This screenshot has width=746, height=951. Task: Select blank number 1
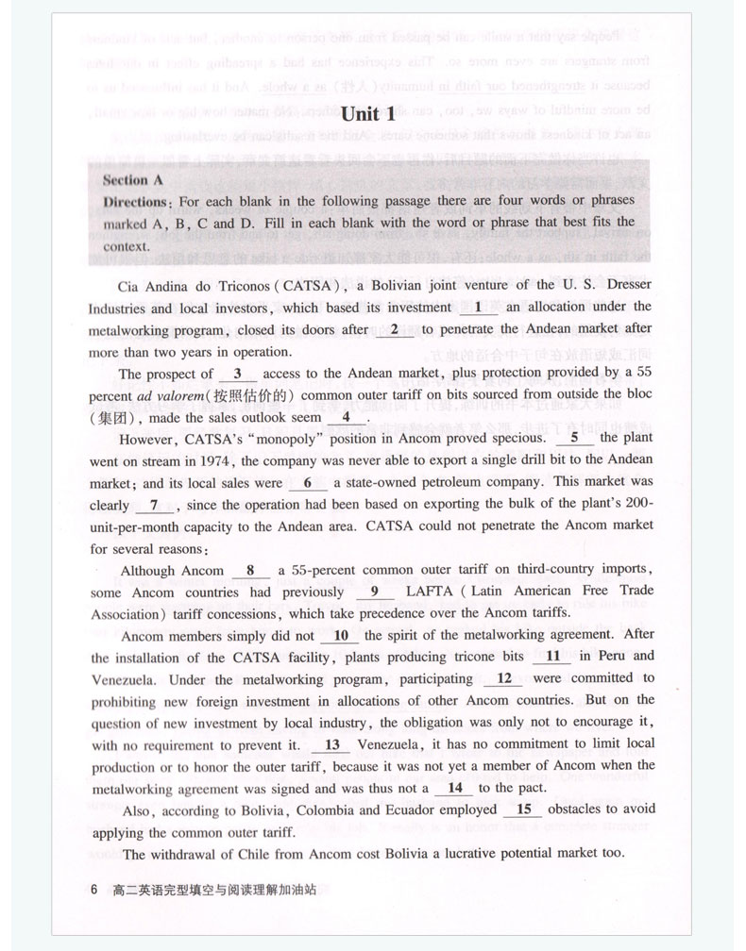(x=478, y=307)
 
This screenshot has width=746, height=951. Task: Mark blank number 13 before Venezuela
(x=332, y=743)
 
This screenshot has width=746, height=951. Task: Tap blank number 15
(x=525, y=809)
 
